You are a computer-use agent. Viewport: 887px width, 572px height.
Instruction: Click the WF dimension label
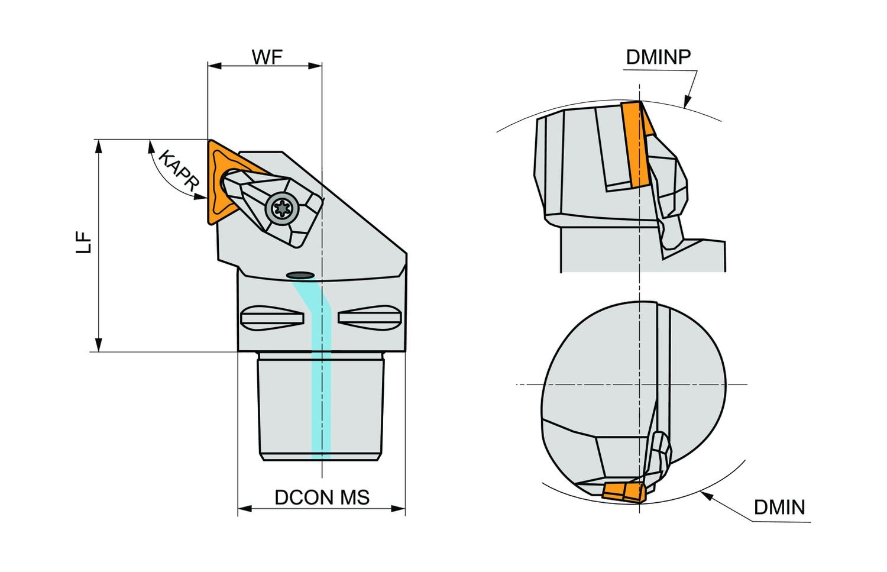267,57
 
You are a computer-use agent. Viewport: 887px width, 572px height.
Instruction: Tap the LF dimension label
85,243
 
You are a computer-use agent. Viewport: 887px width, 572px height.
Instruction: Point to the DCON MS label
322,497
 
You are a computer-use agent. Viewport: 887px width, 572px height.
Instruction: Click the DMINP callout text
658,57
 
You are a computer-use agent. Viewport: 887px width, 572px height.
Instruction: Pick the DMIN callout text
779,508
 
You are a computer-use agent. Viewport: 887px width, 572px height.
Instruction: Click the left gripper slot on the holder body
272,317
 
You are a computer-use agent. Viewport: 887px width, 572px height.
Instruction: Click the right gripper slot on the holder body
369,317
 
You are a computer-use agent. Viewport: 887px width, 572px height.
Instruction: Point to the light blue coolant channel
321,384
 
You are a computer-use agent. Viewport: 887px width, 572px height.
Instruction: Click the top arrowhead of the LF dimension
99,146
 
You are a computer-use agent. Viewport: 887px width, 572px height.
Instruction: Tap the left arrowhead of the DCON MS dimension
243,508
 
